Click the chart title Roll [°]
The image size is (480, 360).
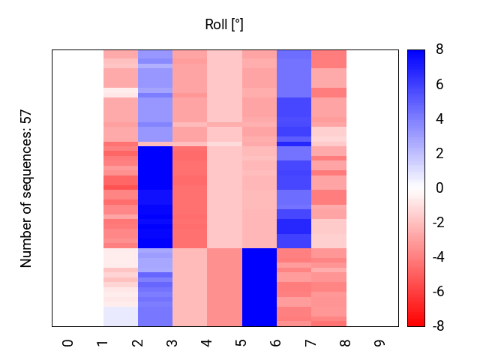click(x=224, y=25)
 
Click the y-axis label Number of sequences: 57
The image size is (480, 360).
click(x=26, y=188)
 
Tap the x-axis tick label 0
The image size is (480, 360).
click(x=68, y=343)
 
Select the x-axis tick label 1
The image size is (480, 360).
click(x=103, y=343)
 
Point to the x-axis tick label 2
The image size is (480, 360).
click(x=137, y=343)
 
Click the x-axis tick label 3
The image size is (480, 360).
click(x=172, y=343)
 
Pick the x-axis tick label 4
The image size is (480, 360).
click(x=207, y=343)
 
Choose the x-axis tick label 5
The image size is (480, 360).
click(x=241, y=343)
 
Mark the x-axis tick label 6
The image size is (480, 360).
click(x=276, y=343)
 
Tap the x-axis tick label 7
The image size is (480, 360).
click(x=310, y=343)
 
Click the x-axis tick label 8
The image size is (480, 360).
click(x=346, y=343)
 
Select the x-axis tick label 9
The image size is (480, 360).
click(x=380, y=343)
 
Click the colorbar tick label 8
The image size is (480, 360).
click(x=439, y=50)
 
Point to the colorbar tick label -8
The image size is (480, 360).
click(x=436, y=326)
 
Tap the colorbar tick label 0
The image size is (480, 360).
click(x=439, y=188)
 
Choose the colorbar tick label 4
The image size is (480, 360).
click(x=439, y=119)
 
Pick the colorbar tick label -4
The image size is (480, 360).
click(x=436, y=257)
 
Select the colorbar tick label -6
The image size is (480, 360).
click(x=436, y=292)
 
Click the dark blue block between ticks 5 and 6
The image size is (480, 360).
click(x=259, y=286)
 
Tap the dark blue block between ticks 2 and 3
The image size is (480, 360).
click(x=155, y=196)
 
